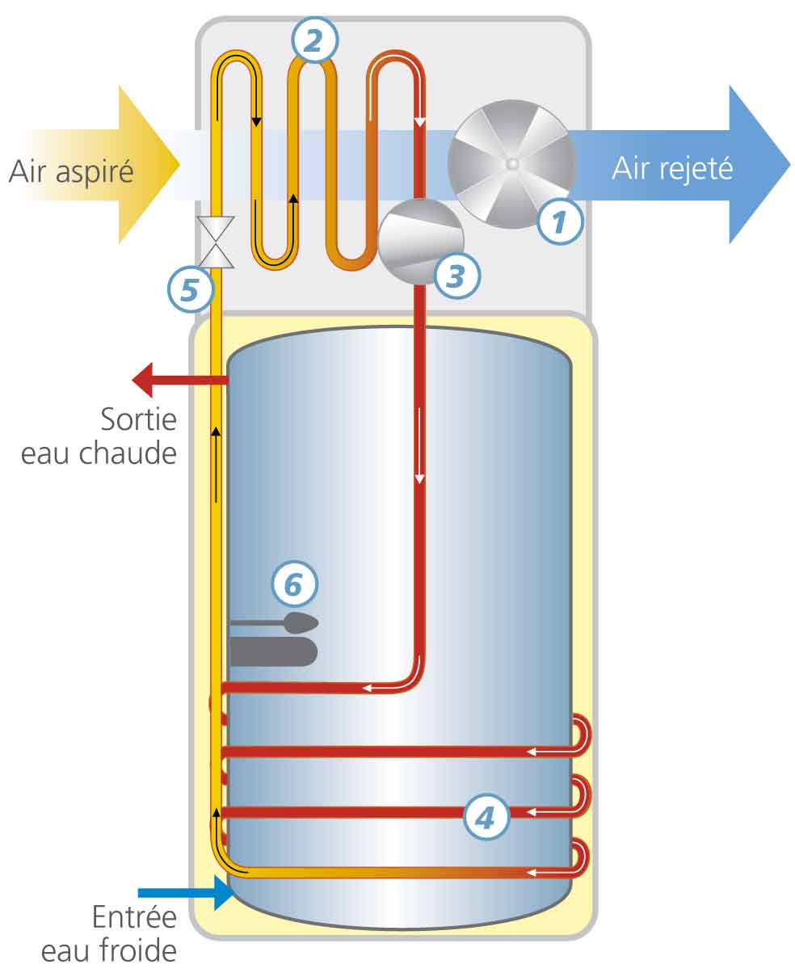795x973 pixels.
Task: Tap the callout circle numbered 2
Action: [x=315, y=40]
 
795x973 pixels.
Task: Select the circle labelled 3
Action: [x=457, y=275]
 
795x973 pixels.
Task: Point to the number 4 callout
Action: [x=486, y=817]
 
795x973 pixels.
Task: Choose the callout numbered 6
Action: [x=294, y=583]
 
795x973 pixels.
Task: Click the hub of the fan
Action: [x=511, y=164]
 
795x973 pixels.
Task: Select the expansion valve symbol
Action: [x=217, y=242]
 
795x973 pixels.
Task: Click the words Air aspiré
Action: [x=71, y=171]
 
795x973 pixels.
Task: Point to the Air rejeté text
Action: [x=671, y=168]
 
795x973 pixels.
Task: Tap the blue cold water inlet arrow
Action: [x=185, y=893]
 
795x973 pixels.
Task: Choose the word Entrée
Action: [x=133, y=919]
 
